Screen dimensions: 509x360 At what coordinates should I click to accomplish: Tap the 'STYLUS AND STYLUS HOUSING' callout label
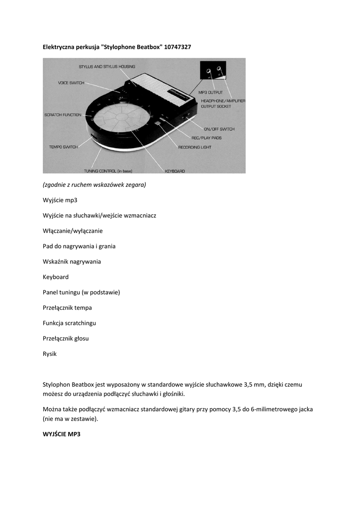coord(106,67)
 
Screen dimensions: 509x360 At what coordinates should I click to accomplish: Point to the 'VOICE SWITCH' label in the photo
coord(71,83)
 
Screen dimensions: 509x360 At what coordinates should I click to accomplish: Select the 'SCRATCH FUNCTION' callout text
coord(63,115)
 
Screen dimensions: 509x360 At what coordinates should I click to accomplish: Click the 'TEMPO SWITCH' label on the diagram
coord(63,147)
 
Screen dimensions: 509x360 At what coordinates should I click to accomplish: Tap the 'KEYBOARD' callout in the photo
coord(175,171)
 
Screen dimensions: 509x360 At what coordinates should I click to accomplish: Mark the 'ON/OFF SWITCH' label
coord(219,129)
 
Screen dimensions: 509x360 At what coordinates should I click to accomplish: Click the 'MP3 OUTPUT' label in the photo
coord(210,92)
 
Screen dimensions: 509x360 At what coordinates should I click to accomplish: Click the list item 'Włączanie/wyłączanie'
coord(73,231)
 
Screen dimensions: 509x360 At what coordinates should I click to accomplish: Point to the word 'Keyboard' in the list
coord(56,277)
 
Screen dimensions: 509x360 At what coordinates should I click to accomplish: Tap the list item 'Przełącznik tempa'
coord(67,308)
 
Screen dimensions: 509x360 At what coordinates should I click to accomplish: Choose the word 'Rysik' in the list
coord(50,354)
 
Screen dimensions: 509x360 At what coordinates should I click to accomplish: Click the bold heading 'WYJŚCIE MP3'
coord(61,434)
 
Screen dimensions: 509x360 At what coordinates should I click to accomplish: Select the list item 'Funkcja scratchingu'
coord(69,323)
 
